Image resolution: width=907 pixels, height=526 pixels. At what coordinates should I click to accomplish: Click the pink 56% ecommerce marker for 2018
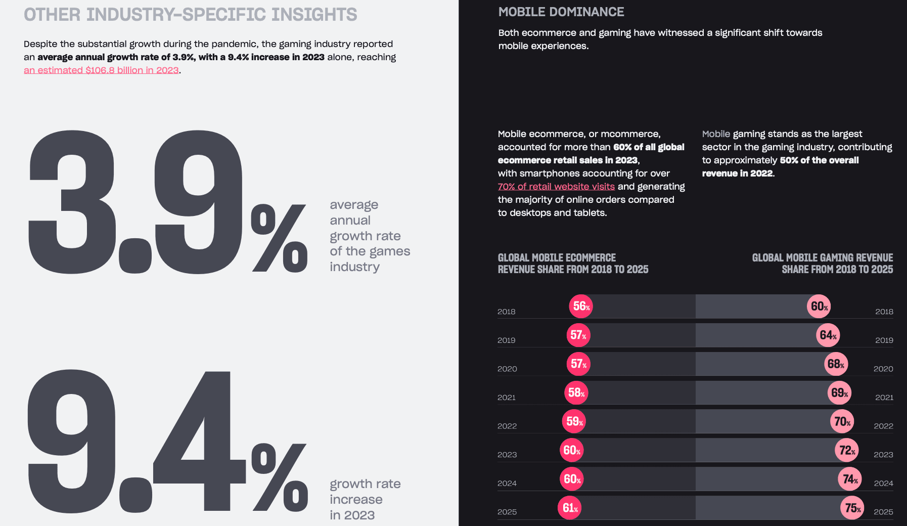[x=581, y=306]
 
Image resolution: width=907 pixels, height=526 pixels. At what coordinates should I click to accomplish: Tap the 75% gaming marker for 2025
[x=852, y=508]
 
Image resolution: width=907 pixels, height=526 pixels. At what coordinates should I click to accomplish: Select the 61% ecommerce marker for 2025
[x=570, y=508]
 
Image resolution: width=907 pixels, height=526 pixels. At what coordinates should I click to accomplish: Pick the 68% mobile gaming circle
[x=836, y=364]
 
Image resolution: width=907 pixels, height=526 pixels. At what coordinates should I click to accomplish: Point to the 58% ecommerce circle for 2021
[x=576, y=392]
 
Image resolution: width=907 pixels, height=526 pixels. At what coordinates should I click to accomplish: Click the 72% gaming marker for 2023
[x=847, y=450]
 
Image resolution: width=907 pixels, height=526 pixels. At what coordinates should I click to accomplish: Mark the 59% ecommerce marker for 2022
[x=574, y=421]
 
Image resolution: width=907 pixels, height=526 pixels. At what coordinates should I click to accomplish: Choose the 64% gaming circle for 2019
[x=828, y=335]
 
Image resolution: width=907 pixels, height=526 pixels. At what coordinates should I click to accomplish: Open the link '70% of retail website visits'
[x=556, y=187]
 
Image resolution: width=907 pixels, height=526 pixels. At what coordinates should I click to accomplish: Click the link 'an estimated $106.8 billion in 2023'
[x=101, y=70]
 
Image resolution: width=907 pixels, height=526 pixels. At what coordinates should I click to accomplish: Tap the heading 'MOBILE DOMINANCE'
[x=561, y=12]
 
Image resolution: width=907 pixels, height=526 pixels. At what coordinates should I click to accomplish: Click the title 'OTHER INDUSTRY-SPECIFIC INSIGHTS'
[x=190, y=15]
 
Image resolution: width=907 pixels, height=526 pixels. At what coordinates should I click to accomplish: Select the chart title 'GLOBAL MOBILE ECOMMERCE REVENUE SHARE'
[x=573, y=264]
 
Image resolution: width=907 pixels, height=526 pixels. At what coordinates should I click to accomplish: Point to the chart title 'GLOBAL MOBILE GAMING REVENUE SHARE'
[x=822, y=264]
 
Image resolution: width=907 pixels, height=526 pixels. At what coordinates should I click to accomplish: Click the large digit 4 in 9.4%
[x=200, y=445]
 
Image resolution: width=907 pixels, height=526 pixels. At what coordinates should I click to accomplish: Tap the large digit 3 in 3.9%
[x=71, y=202]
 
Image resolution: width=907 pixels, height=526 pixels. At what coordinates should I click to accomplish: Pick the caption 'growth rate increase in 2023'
[x=365, y=499]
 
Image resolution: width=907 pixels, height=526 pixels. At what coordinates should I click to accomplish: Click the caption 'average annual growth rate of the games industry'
[x=370, y=236]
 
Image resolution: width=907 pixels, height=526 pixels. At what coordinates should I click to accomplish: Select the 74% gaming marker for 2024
[x=850, y=479]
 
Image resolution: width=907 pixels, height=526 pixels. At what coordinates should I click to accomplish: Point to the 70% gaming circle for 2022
[x=842, y=421]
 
